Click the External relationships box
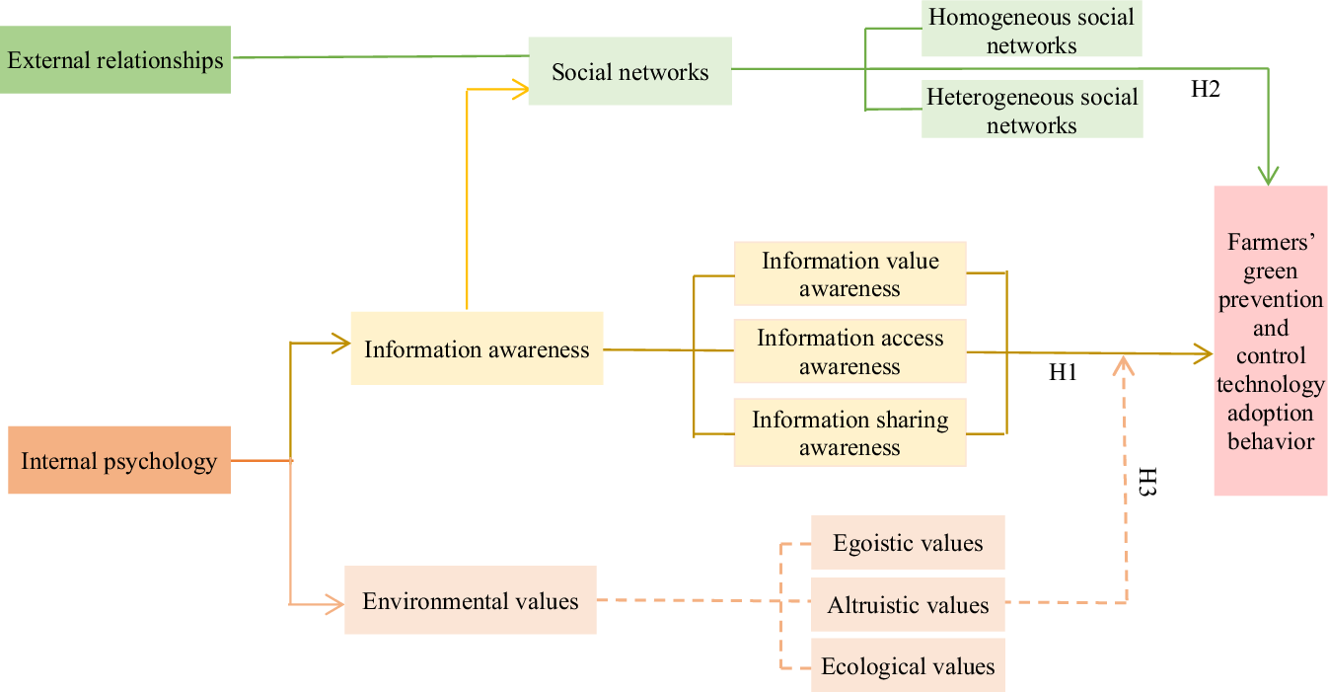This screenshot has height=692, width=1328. coord(115,60)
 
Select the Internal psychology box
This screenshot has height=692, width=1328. coord(119,460)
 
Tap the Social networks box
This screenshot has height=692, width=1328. coord(630,71)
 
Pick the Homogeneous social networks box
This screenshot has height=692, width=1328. coord(1032,31)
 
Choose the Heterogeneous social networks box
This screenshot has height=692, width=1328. coord(1032,111)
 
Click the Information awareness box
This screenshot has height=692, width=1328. coord(477,348)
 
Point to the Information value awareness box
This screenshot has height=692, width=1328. coord(849,273)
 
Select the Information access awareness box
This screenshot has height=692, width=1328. coord(849,351)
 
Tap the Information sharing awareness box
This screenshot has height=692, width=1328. coord(849,432)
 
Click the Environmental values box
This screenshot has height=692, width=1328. coord(471,600)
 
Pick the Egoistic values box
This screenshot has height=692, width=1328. coord(908,543)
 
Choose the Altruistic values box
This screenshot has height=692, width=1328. coord(908,604)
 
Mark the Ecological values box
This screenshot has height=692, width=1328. coord(908,665)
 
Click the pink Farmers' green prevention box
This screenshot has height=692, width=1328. coord(1271,341)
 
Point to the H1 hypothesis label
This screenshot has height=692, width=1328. coord(1064,373)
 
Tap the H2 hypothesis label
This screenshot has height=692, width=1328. coord(1206,89)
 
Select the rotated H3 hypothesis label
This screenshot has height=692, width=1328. coord(1146,481)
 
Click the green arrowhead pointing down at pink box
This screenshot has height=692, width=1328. coord(1269,176)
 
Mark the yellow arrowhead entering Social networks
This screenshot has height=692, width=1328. coord(520,89)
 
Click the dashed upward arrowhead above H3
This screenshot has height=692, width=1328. coord(1125,364)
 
